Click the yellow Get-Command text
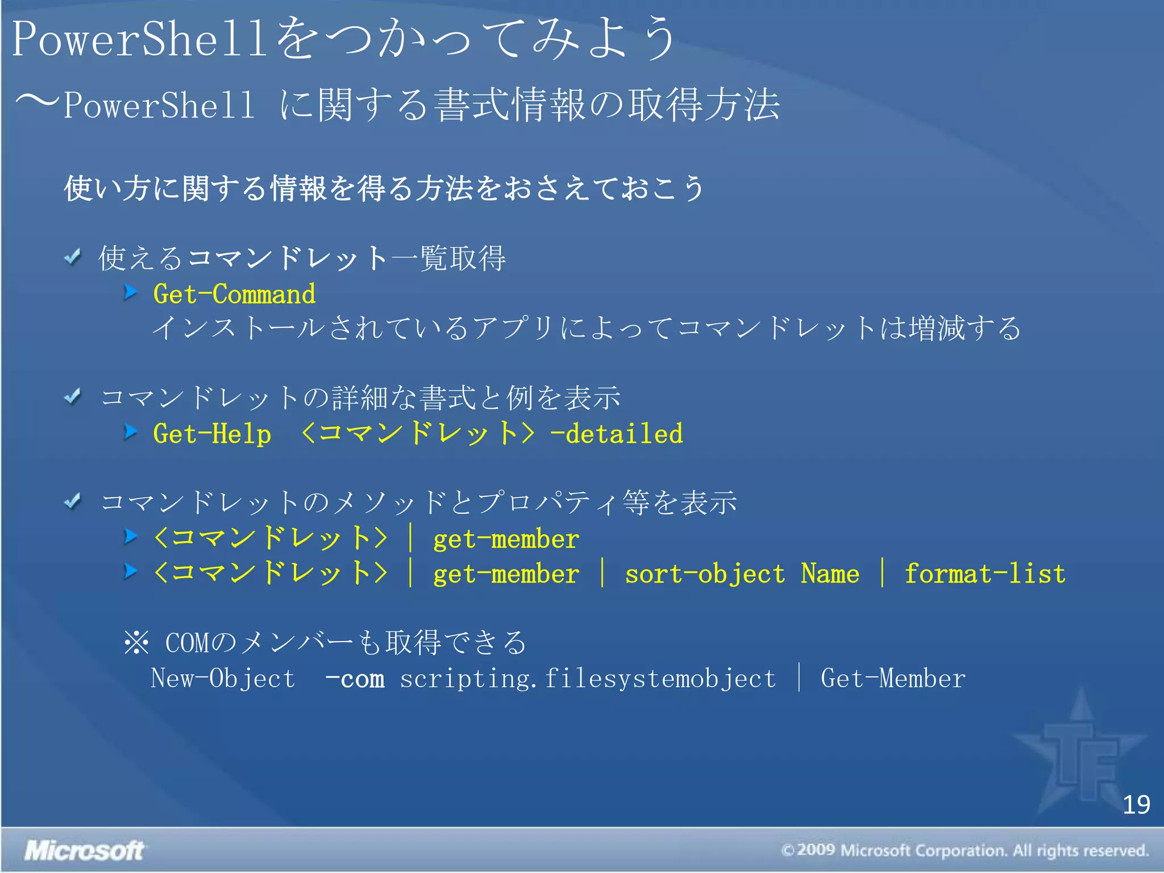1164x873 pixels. click(x=234, y=294)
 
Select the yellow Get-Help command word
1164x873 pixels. click(x=212, y=434)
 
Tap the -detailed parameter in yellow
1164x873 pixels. click(x=616, y=434)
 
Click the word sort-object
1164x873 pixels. click(x=705, y=574)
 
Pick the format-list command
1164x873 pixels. click(x=985, y=574)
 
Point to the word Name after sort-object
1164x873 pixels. click(x=830, y=574)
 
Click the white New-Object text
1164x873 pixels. click(x=223, y=679)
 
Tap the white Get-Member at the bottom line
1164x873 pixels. click(x=893, y=679)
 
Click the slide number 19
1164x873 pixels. click(x=1136, y=805)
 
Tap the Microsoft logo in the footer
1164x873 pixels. click(x=84, y=851)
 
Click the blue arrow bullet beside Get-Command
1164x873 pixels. click(x=131, y=292)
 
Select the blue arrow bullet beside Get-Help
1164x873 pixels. click(x=131, y=432)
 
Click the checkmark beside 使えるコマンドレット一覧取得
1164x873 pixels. click(x=73, y=257)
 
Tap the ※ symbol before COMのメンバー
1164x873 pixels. click(x=136, y=643)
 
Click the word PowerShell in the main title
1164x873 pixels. click(x=139, y=39)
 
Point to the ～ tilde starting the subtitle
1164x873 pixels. click(x=36, y=102)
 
